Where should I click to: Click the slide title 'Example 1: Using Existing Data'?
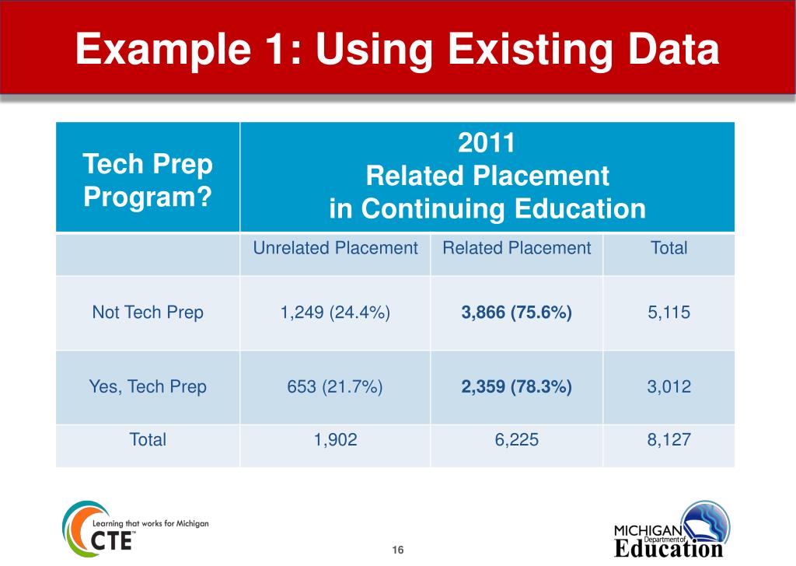coord(397,50)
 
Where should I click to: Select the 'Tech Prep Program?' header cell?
coord(148,180)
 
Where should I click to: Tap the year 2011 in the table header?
coord(487,144)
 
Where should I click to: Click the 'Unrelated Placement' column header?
coord(335,248)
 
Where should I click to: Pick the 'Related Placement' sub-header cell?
coord(516,248)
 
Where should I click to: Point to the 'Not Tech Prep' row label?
coord(148,313)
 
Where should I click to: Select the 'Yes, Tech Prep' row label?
coord(148,386)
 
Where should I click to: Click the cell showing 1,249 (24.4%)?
coord(335,313)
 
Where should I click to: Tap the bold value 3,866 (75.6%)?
coord(516,313)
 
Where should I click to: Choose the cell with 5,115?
coord(669,313)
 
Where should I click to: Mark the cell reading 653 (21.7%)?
coord(335,386)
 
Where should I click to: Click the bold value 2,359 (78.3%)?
coord(516,386)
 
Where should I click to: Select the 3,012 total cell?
coord(669,386)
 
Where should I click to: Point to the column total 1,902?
coord(335,439)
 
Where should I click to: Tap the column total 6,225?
coord(516,439)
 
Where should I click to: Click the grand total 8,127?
coord(669,439)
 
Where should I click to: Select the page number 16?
coord(398,550)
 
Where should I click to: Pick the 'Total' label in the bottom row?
coord(148,439)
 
